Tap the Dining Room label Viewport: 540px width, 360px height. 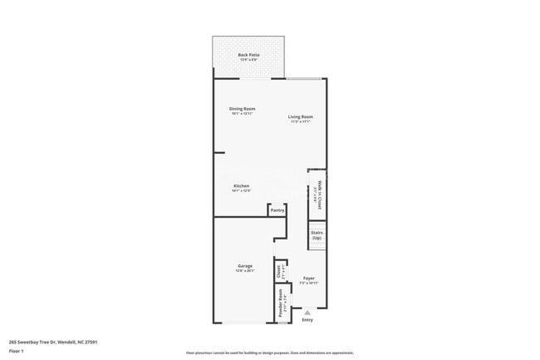[x=242, y=109]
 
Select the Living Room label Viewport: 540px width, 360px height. [x=301, y=116]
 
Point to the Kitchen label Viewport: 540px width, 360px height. [x=242, y=185]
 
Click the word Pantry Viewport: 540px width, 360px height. [x=277, y=210]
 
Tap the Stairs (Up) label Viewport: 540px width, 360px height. [x=317, y=235]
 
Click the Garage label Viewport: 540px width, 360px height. [x=244, y=266]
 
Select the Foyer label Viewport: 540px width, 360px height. [x=309, y=278]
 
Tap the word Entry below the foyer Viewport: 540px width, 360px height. [x=307, y=320]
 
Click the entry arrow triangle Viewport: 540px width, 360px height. [x=307, y=313]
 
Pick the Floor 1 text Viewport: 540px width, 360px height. [x=16, y=351]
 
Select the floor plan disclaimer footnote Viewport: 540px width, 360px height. [x=270, y=353]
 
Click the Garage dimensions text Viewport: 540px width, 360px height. [x=244, y=271]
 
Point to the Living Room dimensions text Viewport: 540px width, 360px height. [x=301, y=121]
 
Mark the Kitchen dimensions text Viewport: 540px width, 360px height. [x=242, y=190]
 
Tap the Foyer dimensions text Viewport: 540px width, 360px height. [x=309, y=283]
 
